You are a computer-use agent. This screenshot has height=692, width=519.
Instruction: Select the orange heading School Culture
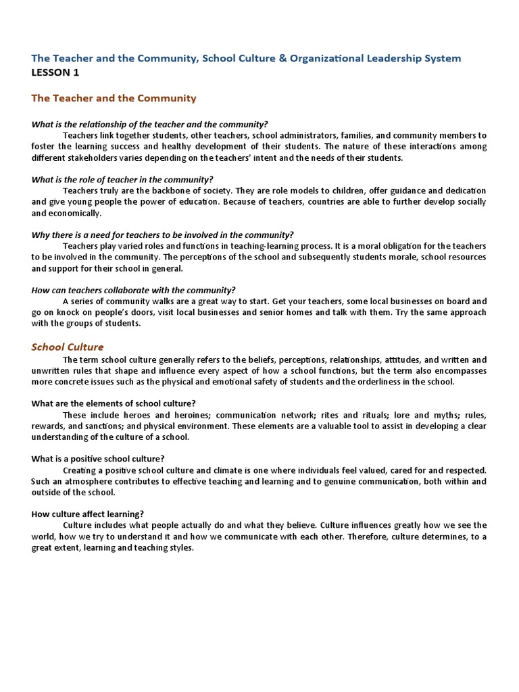pyautogui.click(x=68, y=347)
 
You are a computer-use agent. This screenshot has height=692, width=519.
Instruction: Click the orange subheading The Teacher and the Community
pyautogui.click(x=114, y=98)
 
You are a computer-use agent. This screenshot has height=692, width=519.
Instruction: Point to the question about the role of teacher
pyautogui.click(x=122, y=179)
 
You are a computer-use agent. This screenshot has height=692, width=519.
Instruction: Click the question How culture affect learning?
pyautogui.click(x=87, y=513)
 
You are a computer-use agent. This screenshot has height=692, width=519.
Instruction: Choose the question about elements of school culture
pyautogui.click(x=114, y=403)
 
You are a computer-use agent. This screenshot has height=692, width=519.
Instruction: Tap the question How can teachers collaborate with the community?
pyautogui.click(x=133, y=290)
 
